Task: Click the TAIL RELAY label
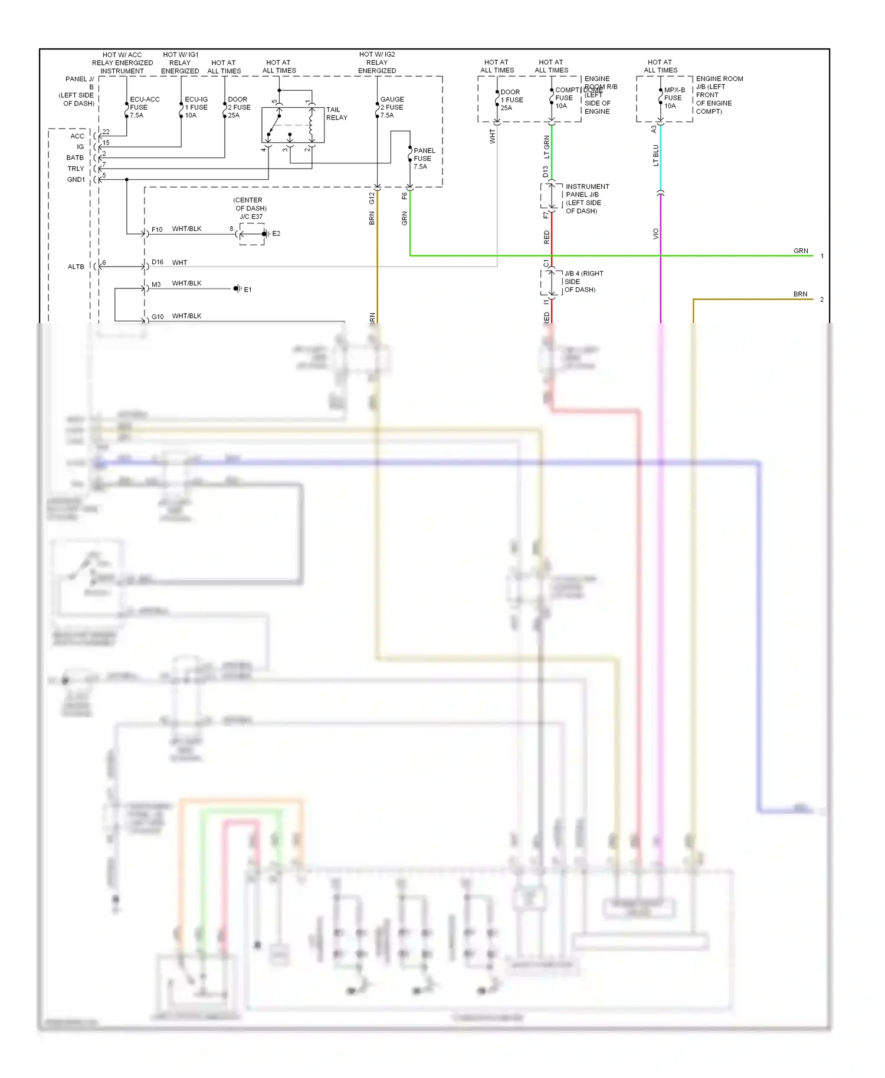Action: pyautogui.click(x=336, y=114)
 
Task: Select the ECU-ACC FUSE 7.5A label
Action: pyautogui.click(x=144, y=107)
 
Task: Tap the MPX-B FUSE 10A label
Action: pyautogui.click(x=674, y=98)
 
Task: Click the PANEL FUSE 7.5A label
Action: pyautogui.click(x=424, y=159)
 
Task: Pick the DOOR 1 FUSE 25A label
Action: pyautogui.click(x=511, y=100)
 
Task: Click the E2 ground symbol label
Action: pyautogui.click(x=276, y=234)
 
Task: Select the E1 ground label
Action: pyautogui.click(x=248, y=290)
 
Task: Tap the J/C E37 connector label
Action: pyautogui.click(x=251, y=216)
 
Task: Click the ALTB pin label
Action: pyautogui.click(x=76, y=267)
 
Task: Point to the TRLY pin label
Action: pyautogui.click(x=76, y=169)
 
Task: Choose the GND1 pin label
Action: pyautogui.click(x=76, y=179)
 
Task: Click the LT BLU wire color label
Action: pyautogui.click(x=655, y=156)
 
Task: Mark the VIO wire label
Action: pyautogui.click(x=655, y=234)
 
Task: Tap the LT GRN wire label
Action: pyautogui.click(x=546, y=147)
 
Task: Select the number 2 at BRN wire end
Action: pyautogui.click(x=821, y=300)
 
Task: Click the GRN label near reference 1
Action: pyautogui.click(x=800, y=251)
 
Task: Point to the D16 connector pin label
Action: pyautogui.click(x=157, y=262)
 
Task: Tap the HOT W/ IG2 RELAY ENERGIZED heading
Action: pyautogui.click(x=377, y=63)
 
